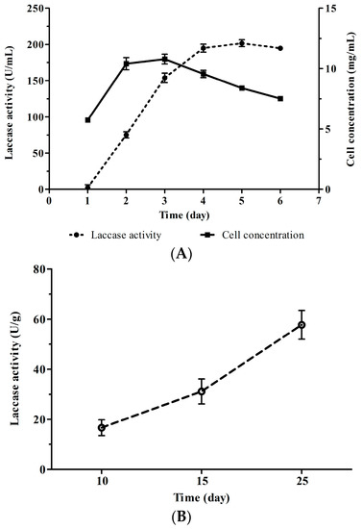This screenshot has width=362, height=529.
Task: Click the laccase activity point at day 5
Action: tap(242, 43)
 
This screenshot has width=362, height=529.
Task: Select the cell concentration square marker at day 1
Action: tap(87, 120)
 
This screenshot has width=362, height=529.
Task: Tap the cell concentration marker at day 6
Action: tap(280, 98)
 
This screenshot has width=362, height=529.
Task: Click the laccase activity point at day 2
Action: tap(126, 135)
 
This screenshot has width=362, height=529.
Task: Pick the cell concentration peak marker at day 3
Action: tap(164, 59)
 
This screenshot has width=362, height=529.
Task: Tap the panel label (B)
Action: tap(181, 519)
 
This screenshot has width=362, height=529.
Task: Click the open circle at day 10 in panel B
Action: tap(102, 427)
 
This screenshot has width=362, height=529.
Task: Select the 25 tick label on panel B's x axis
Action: tap(302, 481)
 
